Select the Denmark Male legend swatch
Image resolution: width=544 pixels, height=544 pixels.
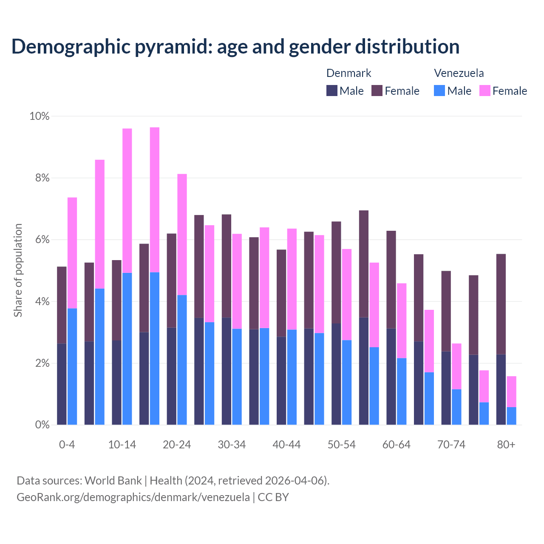[x=331, y=91]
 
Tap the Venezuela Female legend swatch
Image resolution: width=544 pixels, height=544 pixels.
[x=484, y=91]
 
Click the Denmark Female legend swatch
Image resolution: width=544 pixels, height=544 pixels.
[x=377, y=91]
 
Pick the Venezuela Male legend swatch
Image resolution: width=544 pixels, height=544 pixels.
[x=439, y=91]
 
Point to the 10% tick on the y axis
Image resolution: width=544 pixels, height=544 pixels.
[x=39, y=116]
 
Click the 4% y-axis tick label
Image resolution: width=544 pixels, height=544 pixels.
[x=42, y=302]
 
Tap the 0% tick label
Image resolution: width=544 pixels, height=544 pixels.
[x=42, y=425]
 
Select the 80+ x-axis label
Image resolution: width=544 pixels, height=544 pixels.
[x=506, y=445]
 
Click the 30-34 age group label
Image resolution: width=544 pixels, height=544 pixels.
[x=232, y=445]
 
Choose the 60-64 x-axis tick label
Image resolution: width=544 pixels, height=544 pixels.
[x=397, y=445]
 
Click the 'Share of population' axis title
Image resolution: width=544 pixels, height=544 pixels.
[x=18, y=270]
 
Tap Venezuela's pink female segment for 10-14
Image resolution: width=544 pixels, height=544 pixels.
[x=127, y=200]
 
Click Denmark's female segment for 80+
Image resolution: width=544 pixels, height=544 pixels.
[x=501, y=303]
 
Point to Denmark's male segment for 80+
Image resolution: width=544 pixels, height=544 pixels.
[x=501, y=389]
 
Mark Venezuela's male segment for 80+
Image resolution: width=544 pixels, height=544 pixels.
[x=512, y=416]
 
